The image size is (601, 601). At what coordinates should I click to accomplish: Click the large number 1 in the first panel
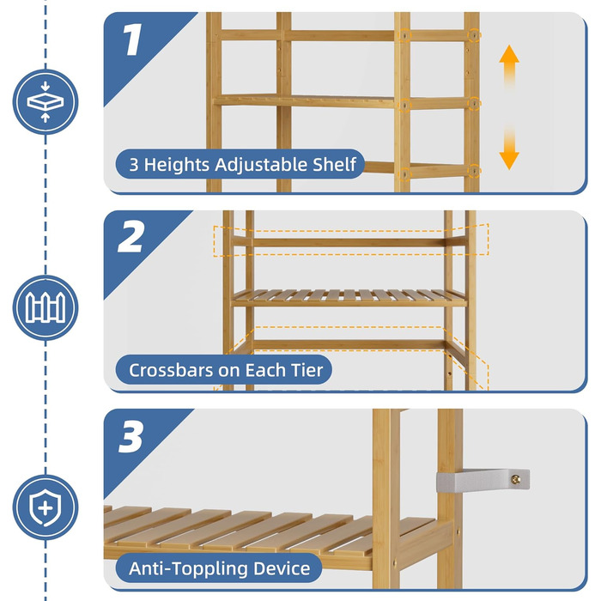pos(133,39)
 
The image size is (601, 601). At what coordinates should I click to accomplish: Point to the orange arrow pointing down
pos(509,149)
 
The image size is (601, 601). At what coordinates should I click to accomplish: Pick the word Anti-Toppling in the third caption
pos(189,568)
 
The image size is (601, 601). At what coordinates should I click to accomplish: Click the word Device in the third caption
pos(282,568)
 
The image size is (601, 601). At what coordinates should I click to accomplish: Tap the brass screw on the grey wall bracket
pos(516,479)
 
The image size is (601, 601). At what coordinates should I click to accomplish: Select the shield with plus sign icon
pos(46,507)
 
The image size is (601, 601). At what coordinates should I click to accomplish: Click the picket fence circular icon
pos(46,307)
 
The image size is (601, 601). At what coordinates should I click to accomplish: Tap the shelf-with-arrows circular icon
pos(46,102)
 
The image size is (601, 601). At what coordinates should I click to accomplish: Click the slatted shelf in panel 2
pos(349,298)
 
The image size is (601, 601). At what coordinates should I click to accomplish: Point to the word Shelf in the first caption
pos(335,165)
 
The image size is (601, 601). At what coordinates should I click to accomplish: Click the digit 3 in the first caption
pos(134,165)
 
